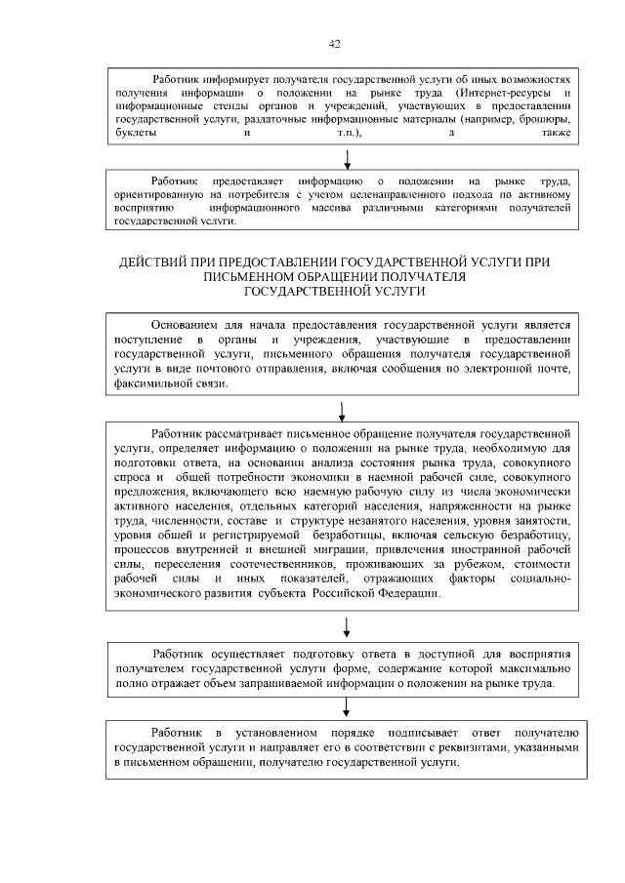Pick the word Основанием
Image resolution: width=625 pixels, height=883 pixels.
[188, 324]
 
